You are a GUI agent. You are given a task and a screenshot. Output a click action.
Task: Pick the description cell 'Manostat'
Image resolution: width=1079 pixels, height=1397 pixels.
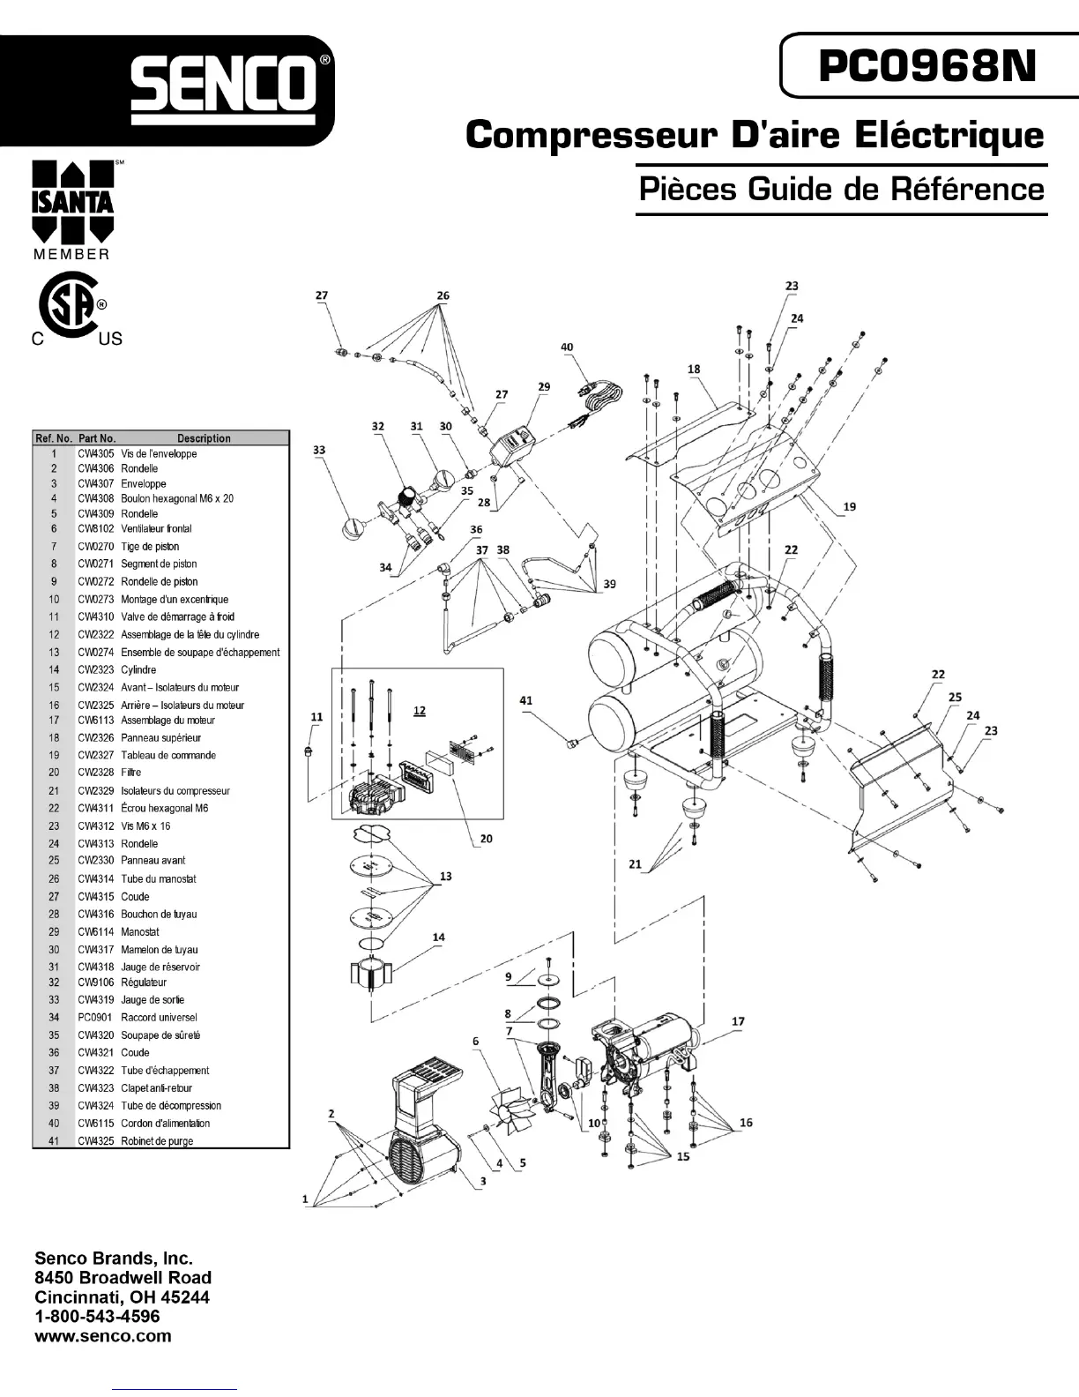click(140, 931)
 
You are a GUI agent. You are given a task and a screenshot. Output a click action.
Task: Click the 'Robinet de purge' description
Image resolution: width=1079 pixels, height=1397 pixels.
click(157, 1141)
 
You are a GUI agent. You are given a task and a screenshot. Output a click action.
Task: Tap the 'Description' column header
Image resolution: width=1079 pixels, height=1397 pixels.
click(204, 438)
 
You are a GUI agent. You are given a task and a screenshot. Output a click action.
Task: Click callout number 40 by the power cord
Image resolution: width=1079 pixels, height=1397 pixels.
click(567, 347)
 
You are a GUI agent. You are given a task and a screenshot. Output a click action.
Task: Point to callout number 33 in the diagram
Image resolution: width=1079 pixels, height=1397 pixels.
click(319, 450)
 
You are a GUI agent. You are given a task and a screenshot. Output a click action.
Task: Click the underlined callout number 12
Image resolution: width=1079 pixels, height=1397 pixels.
click(420, 710)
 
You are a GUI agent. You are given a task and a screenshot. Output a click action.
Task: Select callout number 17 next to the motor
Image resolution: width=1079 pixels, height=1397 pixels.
click(738, 1021)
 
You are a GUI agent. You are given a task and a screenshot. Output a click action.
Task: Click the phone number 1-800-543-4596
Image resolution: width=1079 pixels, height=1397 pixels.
click(97, 1316)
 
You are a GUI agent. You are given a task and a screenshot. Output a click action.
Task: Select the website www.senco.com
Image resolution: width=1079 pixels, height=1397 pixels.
click(102, 1335)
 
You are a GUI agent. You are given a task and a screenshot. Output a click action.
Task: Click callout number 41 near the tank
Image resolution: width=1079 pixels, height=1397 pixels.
click(526, 700)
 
